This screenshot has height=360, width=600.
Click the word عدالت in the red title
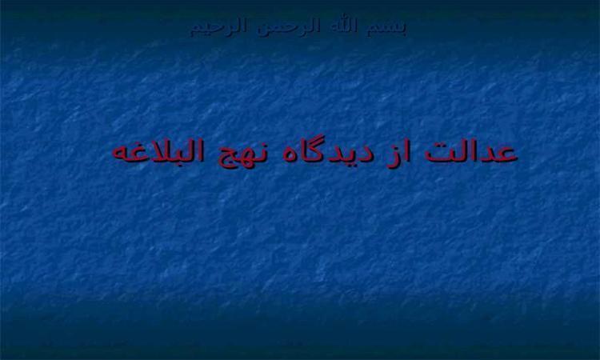471,152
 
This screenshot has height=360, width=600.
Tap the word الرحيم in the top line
218,27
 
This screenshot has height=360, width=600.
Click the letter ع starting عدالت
506,154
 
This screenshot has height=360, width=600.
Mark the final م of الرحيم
196,30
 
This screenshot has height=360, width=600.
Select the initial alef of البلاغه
203,151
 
